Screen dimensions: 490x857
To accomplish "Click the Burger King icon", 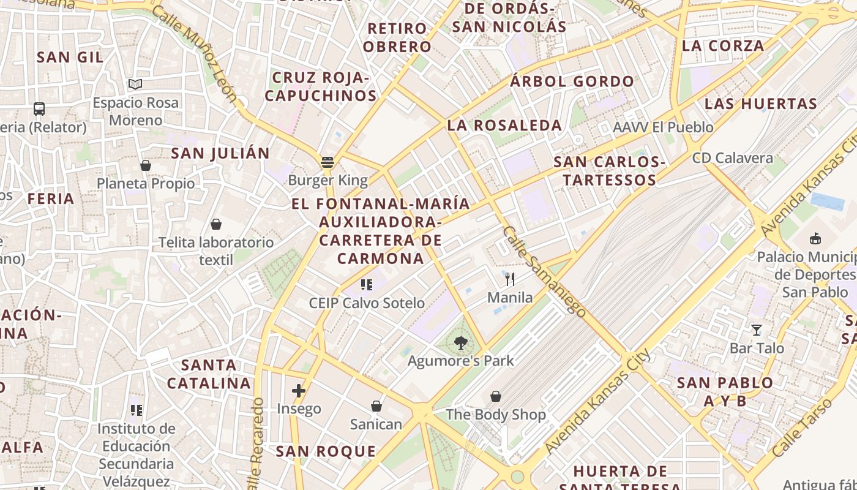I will point(327,162).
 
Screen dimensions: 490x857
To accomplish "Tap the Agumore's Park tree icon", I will point(461,343).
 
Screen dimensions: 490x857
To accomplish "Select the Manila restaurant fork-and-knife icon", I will point(510,279).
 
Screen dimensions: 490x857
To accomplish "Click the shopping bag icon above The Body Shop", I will point(496,397).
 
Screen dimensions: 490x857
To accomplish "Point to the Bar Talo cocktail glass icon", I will point(757,330).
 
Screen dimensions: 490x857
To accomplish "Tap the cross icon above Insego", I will point(299,391).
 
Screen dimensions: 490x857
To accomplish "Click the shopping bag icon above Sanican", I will point(376,406).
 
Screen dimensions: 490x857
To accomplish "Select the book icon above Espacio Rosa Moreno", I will point(135,85).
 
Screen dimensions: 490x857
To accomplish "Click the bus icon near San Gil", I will point(39,109).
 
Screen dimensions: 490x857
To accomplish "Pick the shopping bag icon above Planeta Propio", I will point(146,165).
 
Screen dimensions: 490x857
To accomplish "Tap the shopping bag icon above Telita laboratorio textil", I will point(215,224).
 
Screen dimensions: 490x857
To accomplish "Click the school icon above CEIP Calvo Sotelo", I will point(367,285).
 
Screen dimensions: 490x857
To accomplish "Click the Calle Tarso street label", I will point(802,428).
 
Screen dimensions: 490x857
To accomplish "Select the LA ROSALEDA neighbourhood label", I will point(504,126).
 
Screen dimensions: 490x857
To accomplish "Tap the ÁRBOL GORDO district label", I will point(572,81).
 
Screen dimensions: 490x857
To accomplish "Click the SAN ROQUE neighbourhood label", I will point(326,452).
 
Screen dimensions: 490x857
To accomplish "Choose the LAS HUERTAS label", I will point(761,104).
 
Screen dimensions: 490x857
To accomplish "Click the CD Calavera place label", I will point(733,158).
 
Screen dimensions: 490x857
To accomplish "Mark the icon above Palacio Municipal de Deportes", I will point(815,238).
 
